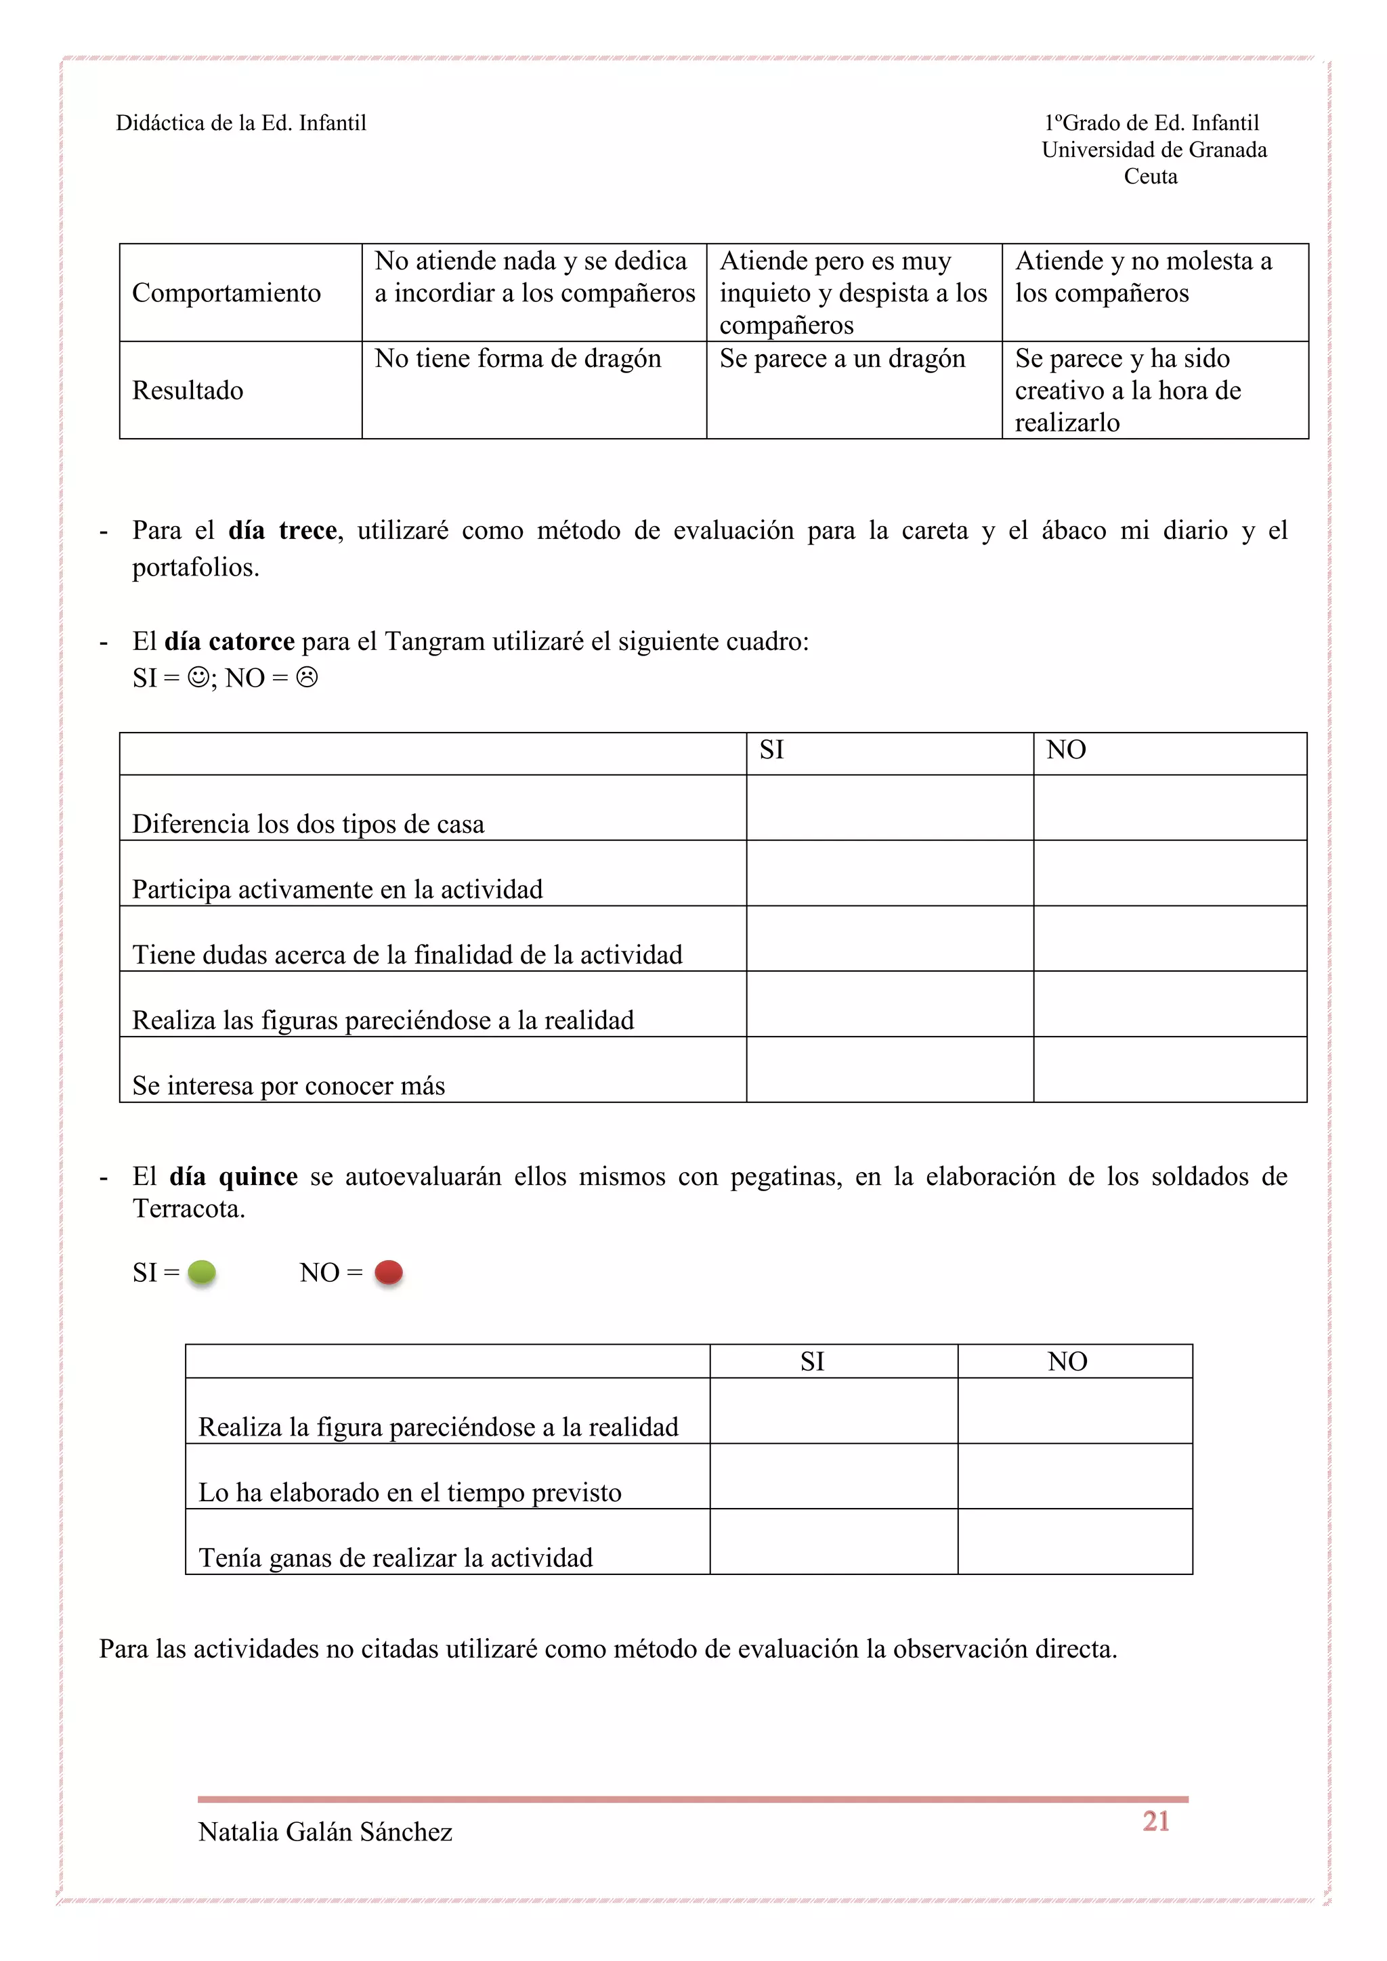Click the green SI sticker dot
(x=202, y=1272)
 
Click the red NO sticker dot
(x=389, y=1272)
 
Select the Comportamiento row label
(x=226, y=293)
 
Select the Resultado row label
(x=188, y=390)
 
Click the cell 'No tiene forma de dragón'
(x=517, y=359)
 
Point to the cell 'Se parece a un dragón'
(x=842, y=359)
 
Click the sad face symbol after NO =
(x=307, y=677)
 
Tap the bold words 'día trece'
(x=282, y=530)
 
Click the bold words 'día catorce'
(x=229, y=641)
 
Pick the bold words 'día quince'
(x=233, y=1176)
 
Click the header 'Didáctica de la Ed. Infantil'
(x=241, y=123)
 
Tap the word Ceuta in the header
(x=1151, y=176)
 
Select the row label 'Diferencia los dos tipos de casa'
(x=307, y=823)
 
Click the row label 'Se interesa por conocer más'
(x=289, y=1085)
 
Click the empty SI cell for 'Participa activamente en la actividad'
(x=889, y=873)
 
